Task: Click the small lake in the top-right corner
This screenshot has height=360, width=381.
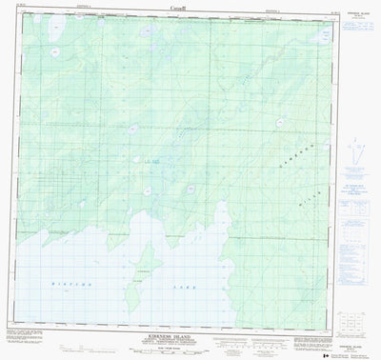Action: [x=314, y=29]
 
